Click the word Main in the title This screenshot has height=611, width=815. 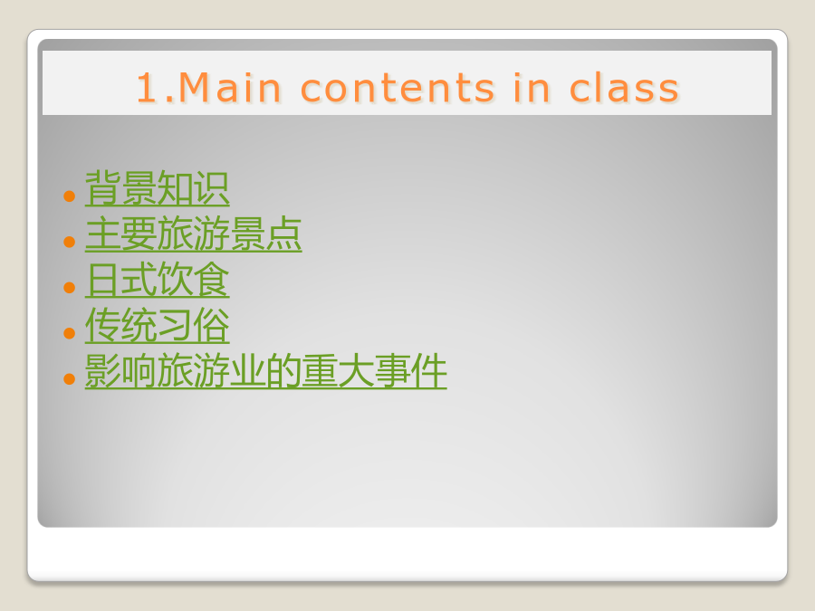(x=230, y=87)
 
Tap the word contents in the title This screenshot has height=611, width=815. (x=398, y=88)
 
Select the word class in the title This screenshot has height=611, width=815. (x=625, y=87)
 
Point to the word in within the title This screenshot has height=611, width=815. (x=532, y=87)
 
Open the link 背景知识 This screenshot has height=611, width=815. (x=157, y=188)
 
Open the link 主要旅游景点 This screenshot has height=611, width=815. (x=194, y=234)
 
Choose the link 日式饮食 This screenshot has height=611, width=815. (x=157, y=280)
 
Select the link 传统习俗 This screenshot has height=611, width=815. (x=157, y=325)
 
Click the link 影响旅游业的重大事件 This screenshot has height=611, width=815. (x=265, y=371)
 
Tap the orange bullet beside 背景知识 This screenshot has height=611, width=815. (x=69, y=196)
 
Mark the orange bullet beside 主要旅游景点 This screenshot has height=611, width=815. (x=69, y=242)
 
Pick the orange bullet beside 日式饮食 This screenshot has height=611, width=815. (x=69, y=287)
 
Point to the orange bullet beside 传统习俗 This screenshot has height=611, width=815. (x=69, y=333)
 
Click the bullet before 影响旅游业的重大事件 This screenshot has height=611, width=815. (x=69, y=378)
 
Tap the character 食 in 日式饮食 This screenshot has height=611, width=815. (x=212, y=280)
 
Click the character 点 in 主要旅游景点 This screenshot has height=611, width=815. (x=283, y=234)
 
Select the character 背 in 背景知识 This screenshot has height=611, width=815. (x=103, y=188)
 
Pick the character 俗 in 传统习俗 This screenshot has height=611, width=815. (x=212, y=325)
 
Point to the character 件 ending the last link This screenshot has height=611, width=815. (x=429, y=371)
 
